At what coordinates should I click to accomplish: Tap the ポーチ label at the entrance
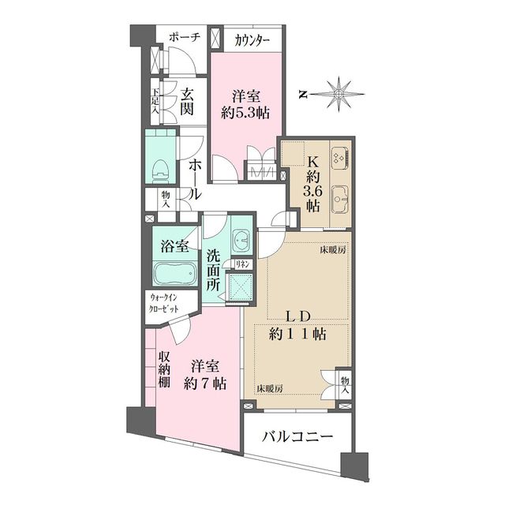coord(184,37)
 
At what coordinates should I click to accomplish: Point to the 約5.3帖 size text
coord(245,113)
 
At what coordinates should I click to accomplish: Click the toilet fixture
coord(163,166)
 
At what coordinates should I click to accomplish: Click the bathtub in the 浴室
coord(172,275)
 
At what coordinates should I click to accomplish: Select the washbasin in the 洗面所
coord(241,238)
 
